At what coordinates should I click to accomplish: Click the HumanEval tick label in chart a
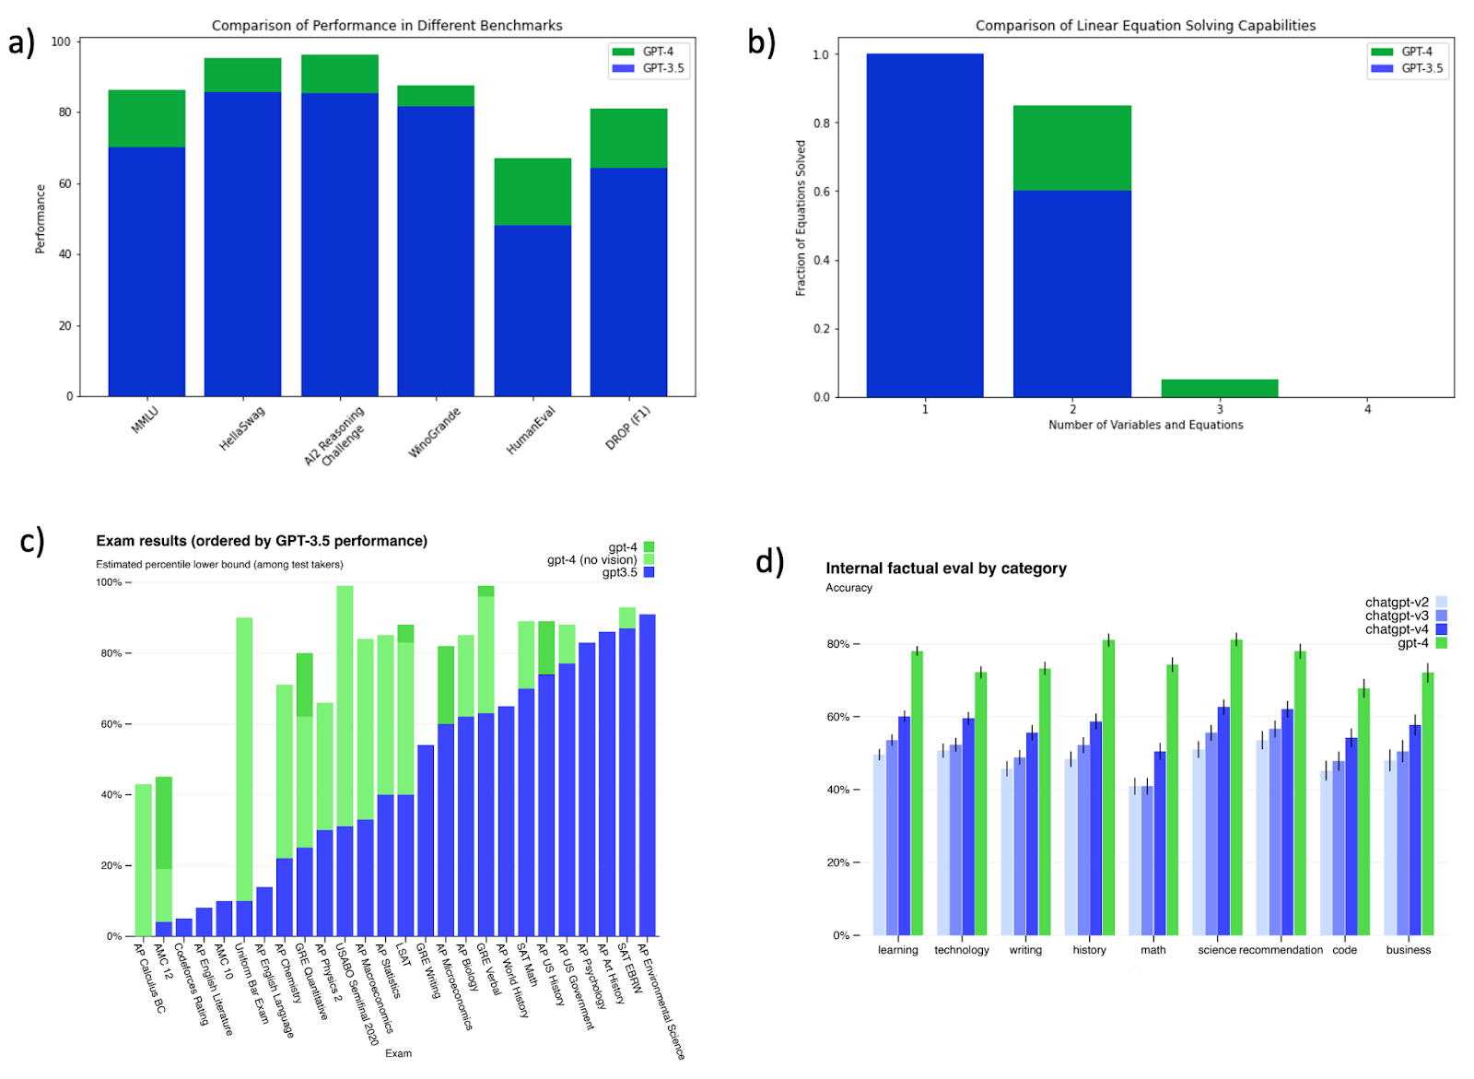coord(532,430)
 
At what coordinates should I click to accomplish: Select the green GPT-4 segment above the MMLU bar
coord(146,118)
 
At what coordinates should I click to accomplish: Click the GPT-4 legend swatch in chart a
coord(624,52)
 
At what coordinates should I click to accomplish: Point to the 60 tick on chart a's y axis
coord(64,183)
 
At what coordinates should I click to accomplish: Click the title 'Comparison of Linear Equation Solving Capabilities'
coord(1145,26)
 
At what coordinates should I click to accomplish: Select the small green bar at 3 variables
coord(1219,388)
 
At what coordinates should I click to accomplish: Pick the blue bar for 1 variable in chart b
coord(925,226)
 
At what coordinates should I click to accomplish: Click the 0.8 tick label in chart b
coord(820,123)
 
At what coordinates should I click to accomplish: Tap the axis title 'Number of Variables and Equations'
coord(1145,425)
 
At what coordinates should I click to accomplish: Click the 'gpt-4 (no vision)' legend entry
coord(592,559)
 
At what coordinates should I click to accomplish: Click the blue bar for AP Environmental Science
coord(648,775)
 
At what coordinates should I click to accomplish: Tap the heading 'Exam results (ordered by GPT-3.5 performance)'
coord(262,541)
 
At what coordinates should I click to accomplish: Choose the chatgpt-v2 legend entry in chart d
coord(1397,603)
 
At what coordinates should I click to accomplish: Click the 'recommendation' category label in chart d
coord(1281,950)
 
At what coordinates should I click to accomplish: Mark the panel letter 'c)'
coord(32,541)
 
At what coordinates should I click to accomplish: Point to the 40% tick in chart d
coord(838,790)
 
